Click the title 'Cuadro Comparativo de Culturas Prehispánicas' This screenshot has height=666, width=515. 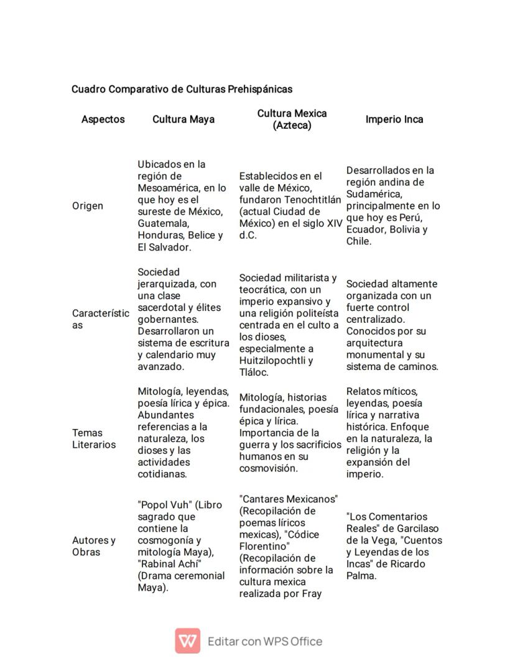click(x=182, y=89)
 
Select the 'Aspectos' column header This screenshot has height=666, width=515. click(x=103, y=119)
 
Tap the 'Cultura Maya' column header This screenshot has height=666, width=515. click(x=183, y=119)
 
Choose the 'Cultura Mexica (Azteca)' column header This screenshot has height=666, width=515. click(x=292, y=119)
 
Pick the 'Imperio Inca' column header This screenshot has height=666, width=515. click(x=394, y=119)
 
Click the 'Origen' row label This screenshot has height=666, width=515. click(x=88, y=206)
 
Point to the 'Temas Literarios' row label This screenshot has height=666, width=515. click(x=94, y=438)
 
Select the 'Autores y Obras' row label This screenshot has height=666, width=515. click(x=94, y=546)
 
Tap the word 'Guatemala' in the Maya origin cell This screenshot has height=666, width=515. click(x=161, y=224)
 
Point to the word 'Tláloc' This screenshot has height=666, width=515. click(x=254, y=372)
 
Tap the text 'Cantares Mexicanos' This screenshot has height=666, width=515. click(x=289, y=499)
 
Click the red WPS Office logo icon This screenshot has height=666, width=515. click(x=187, y=641)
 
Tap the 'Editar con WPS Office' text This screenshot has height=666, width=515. click(x=265, y=641)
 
